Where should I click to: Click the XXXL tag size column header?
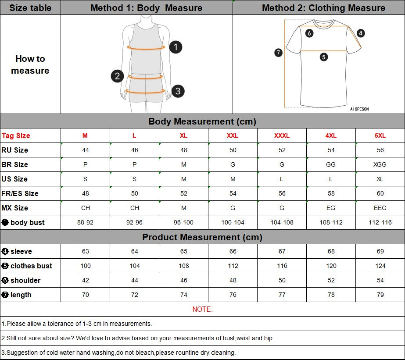click(282, 135)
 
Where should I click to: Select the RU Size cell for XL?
click(183, 150)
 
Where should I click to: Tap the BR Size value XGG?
click(380, 164)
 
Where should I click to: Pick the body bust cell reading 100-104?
click(233, 222)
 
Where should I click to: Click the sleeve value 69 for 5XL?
click(380, 251)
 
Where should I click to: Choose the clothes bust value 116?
click(282, 266)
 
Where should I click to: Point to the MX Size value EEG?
click(380, 208)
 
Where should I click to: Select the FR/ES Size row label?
click(20, 193)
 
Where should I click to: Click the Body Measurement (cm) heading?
click(202, 121)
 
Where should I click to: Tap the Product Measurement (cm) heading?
click(202, 237)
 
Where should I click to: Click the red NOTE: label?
click(202, 309)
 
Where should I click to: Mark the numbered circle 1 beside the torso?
click(176, 47)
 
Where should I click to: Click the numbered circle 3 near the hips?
click(178, 91)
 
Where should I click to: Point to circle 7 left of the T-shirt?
click(278, 53)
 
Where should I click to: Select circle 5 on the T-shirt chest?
click(324, 57)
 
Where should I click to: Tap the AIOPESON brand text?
click(359, 109)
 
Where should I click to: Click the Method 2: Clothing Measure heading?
click(323, 8)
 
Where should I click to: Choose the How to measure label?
click(30, 64)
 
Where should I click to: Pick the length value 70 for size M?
click(85, 295)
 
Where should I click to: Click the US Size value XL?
click(380, 179)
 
